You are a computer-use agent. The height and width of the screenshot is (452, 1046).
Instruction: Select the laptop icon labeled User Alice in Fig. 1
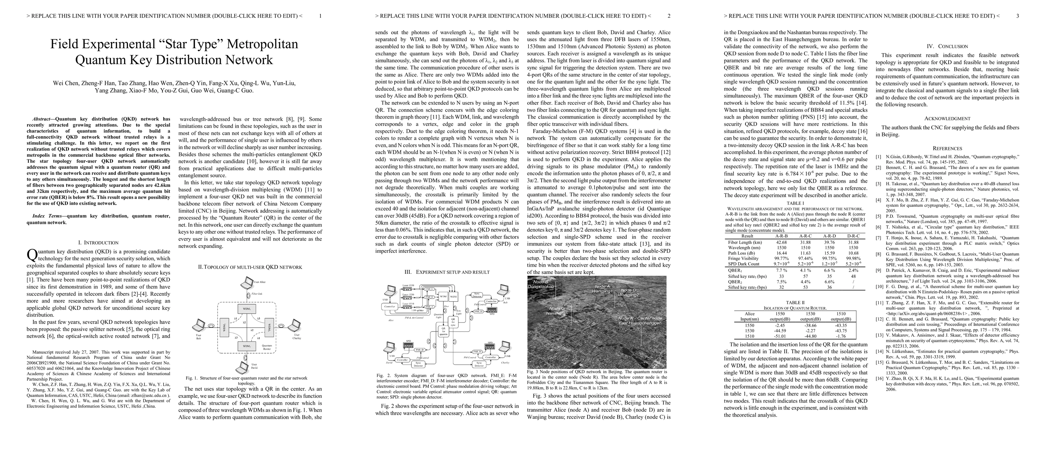[246, 282]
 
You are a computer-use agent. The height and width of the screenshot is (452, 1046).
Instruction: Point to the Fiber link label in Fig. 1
[257, 293]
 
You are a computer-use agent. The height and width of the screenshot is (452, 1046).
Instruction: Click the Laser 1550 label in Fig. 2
[408, 286]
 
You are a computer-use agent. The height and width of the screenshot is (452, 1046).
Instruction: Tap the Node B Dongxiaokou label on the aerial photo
[541, 284]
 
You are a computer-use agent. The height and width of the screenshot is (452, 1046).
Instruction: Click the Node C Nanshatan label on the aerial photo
[557, 311]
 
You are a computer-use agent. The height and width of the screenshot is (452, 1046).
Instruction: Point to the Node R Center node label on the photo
[639, 320]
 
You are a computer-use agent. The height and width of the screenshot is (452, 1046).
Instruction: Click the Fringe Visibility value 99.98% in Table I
[853, 258]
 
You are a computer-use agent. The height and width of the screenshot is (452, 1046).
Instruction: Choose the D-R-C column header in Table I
[853, 236]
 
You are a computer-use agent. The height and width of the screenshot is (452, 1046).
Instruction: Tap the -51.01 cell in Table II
[780, 336]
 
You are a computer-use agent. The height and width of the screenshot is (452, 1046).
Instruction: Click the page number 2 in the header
[669, 16]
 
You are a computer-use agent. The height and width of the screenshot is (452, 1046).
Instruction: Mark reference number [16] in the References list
[878, 378]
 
